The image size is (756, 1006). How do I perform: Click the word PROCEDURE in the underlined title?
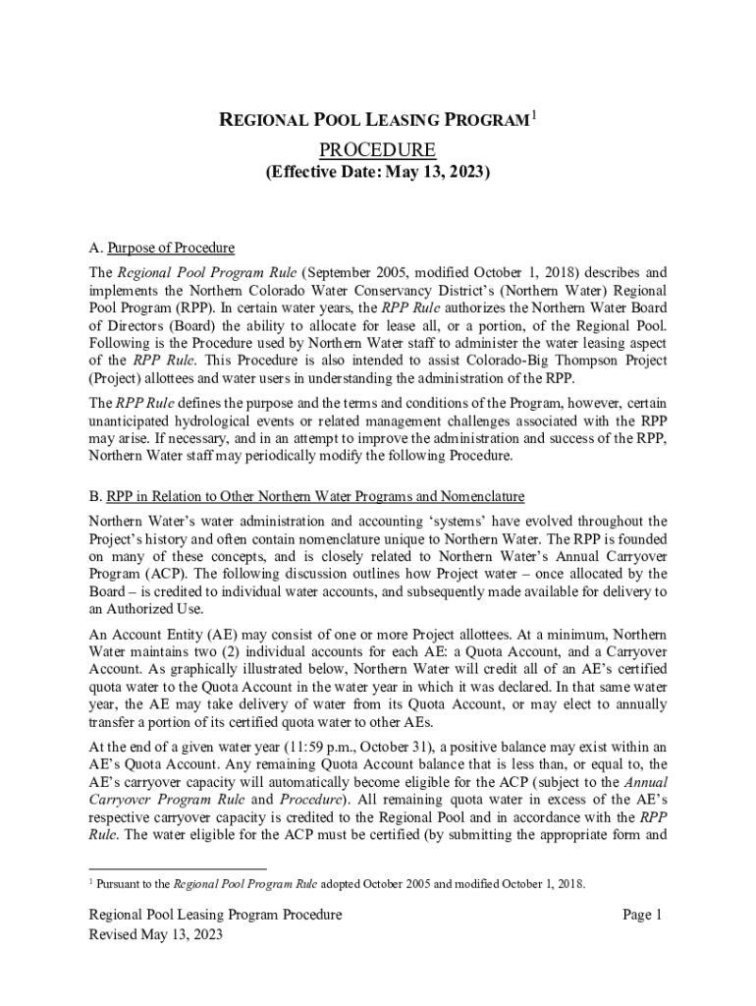[x=378, y=150]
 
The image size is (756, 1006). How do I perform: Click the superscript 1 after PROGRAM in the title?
[x=533, y=117]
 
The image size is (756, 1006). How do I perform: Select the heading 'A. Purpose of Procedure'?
[x=162, y=248]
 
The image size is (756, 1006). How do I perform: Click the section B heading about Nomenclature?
[x=306, y=496]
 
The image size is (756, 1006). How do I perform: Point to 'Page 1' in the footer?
[x=643, y=915]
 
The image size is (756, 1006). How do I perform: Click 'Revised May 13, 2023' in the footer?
[x=156, y=934]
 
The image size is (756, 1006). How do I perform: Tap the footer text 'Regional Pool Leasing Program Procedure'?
[x=215, y=915]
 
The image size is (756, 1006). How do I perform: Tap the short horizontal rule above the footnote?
[x=177, y=869]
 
